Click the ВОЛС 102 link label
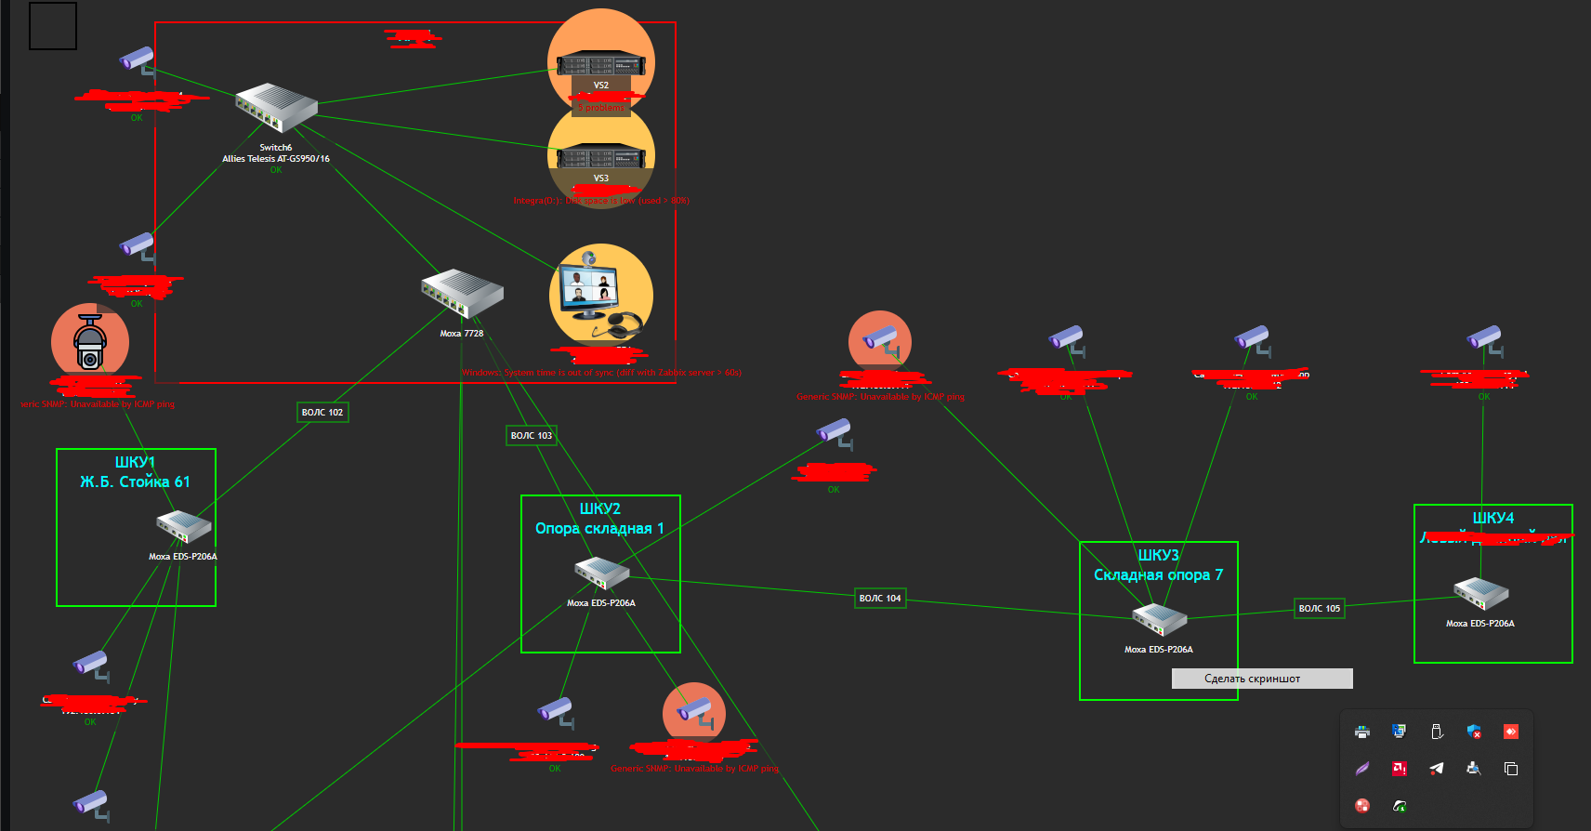tap(322, 412)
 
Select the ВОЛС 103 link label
tap(532, 435)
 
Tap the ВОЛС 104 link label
tap(880, 598)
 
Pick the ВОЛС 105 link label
tap(1320, 608)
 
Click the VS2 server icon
tap(600, 65)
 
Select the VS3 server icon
tap(600, 157)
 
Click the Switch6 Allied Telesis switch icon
tap(276, 108)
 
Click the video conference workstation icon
tap(600, 293)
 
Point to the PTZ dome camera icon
tap(89, 342)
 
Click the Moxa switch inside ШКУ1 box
tap(183, 526)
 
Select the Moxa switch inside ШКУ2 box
tap(601, 573)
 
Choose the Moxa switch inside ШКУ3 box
tap(1159, 619)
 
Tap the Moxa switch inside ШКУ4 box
tap(1480, 593)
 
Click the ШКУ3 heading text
tap(1159, 555)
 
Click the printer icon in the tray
tap(1362, 732)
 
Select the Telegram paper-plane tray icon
tap(1437, 768)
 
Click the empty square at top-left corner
tap(53, 26)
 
